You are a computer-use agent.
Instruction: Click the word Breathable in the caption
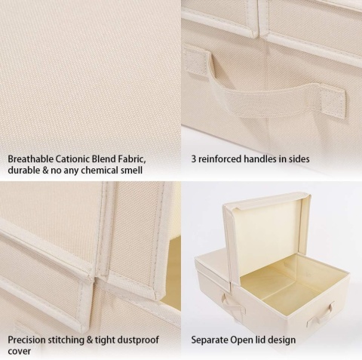[30, 159]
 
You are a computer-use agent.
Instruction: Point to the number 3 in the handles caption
[194, 159]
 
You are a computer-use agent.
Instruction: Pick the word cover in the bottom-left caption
[20, 351]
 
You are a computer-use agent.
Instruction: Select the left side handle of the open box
[232, 303]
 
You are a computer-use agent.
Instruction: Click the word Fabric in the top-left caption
[130, 159]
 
